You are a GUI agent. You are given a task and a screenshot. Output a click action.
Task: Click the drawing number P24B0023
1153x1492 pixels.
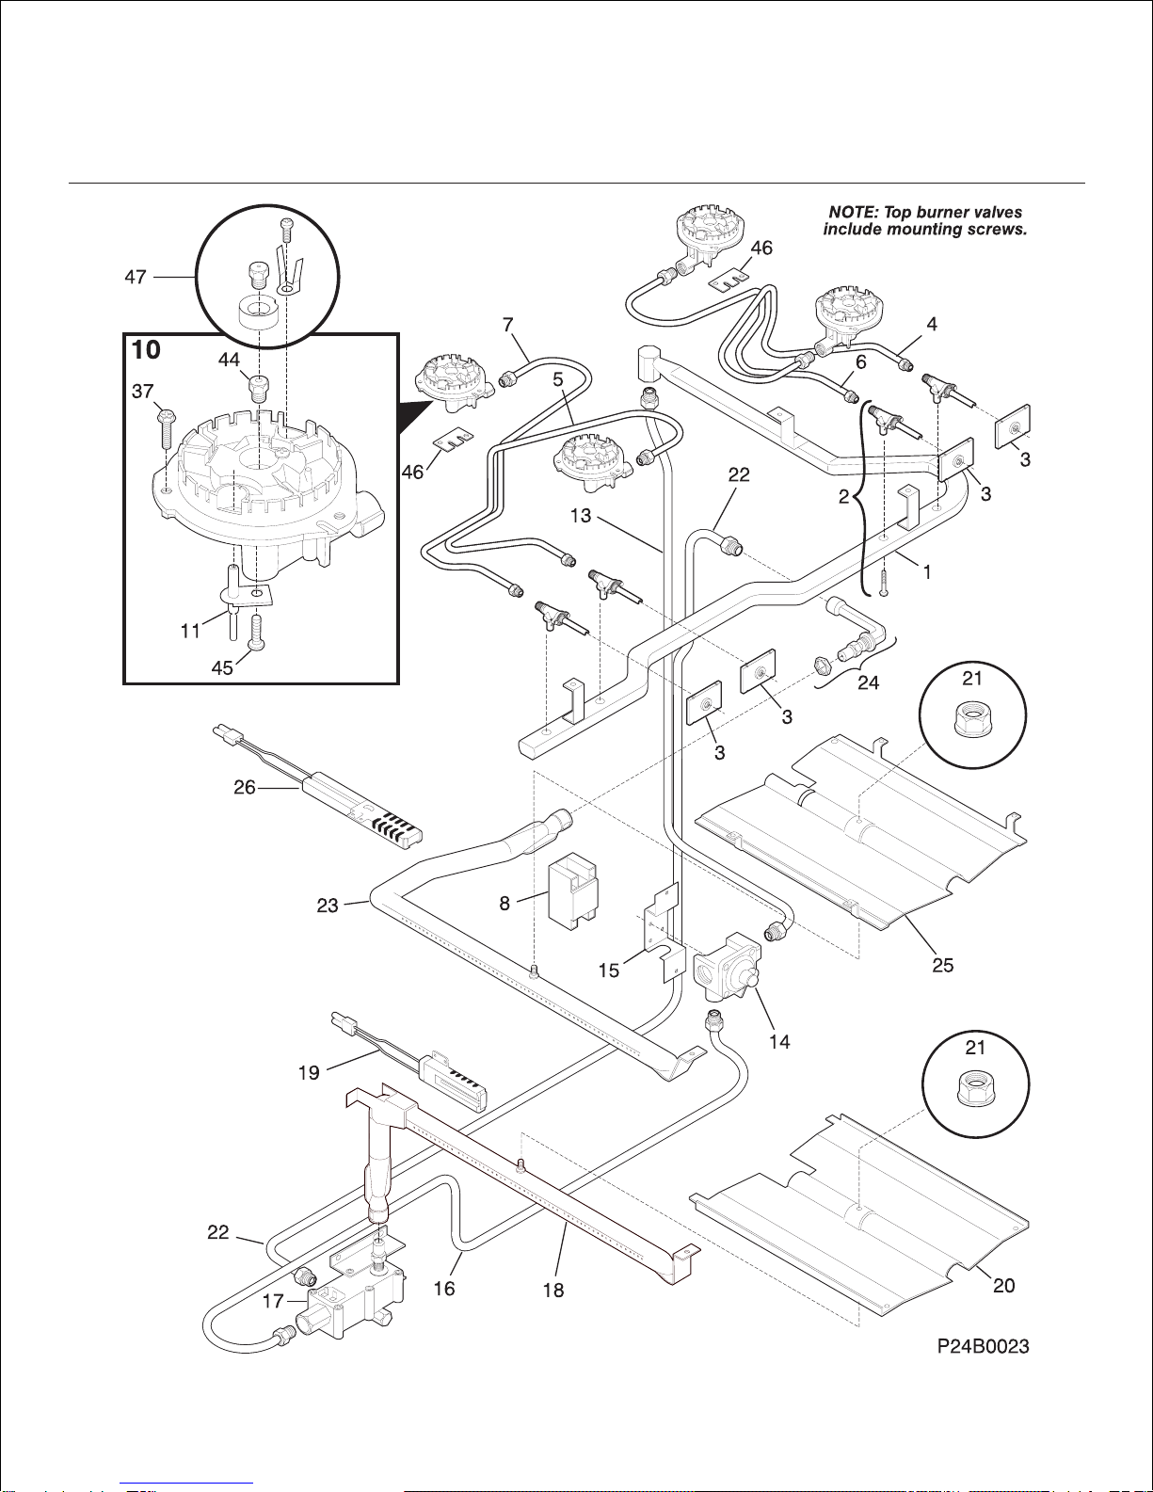click(x=983, y=1347)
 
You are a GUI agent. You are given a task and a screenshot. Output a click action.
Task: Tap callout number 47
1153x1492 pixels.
click(x=136, y=277)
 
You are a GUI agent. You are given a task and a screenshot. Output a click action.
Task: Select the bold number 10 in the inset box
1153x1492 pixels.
click(x=146, y=350)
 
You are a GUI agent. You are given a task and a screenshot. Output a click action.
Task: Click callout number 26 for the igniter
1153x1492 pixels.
click(x=245, y=787)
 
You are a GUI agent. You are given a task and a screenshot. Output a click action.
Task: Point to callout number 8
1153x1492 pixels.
click(x=504, y=904)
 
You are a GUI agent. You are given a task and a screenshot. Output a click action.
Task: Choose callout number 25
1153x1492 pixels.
click(x=943, y=965)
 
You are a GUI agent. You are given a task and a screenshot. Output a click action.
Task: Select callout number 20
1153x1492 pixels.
click(x=1004, y=1285)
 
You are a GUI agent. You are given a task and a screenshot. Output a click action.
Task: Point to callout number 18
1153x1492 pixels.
click(x=553, y=1291)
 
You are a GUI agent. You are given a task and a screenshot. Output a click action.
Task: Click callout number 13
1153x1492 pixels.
click(x=581, y=516)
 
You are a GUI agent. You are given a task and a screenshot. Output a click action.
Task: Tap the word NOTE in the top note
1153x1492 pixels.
click(x=851, y=213)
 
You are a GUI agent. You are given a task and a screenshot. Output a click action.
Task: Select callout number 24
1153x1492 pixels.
click(x=868, y=682)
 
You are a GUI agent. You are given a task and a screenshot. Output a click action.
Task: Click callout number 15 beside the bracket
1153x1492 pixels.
click(x=609, y=970)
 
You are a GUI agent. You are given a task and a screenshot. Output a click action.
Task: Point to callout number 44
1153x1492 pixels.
click(x=229, y=360)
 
